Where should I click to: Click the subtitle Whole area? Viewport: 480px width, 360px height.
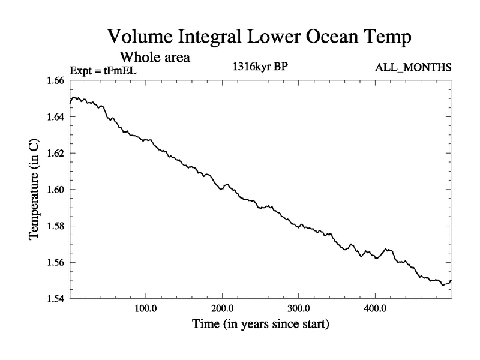pyautogui.click(x=155, y=58)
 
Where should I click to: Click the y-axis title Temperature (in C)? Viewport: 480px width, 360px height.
pyautogui.click(x=35, y=190)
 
